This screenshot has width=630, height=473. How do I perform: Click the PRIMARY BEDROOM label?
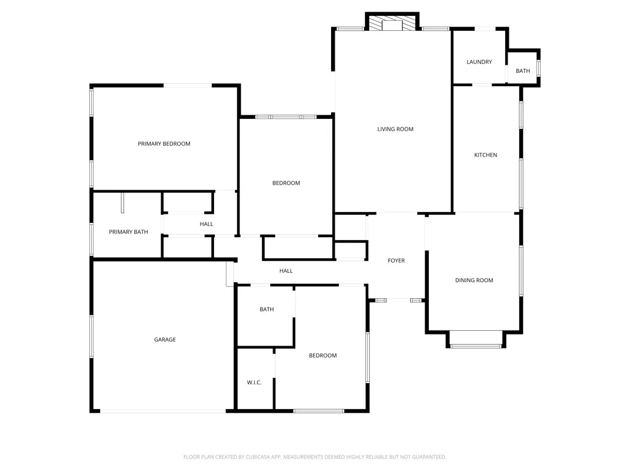coord(164,144)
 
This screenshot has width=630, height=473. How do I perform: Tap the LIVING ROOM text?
coord(395,129)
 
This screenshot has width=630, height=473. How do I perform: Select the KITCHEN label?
coord(485,155)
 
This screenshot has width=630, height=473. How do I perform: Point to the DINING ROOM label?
coord(474,280)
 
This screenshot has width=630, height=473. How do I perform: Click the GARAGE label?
coord(165,339)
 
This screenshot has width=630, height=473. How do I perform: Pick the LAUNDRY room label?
coord(479,62)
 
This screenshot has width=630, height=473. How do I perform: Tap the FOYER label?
coord(396,261)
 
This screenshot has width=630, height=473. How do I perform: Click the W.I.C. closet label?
coord(254,382)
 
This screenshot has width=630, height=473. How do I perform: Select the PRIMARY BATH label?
coord(129,232)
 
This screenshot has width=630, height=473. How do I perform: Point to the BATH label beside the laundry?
coord(523,71)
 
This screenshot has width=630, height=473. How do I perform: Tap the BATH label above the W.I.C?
coord(266,309)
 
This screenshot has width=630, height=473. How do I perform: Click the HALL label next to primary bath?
coord(207,224)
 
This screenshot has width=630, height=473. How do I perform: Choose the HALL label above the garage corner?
coord(286,270)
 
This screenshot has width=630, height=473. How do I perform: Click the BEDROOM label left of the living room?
coord(286,183)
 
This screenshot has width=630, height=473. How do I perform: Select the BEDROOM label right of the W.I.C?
coord(322,355)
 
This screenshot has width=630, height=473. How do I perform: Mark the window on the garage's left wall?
coord(92,336)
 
